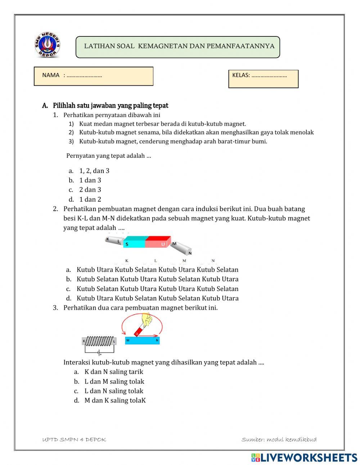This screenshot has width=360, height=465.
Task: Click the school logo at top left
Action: (x=48, y=45)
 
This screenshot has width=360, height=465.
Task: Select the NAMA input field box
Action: (x=94, y=76)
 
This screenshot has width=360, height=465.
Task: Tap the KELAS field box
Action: (x=263, y=79)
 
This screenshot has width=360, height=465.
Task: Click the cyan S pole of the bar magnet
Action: (x=134, y=242)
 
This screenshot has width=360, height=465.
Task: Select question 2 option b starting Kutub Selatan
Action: (x=157, y=279)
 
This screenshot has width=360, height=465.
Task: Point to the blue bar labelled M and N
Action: (x=143, y=340)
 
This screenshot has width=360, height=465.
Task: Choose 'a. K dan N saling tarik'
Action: (x=113, y=372)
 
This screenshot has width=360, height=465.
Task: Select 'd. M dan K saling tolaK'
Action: (x=114, y=400)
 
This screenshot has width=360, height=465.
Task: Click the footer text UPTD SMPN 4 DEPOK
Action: (x=74, y=439)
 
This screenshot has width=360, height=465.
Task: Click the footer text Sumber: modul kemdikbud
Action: (x=279, y=439)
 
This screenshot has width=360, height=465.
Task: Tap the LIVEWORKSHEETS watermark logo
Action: (x=304, y=458)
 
